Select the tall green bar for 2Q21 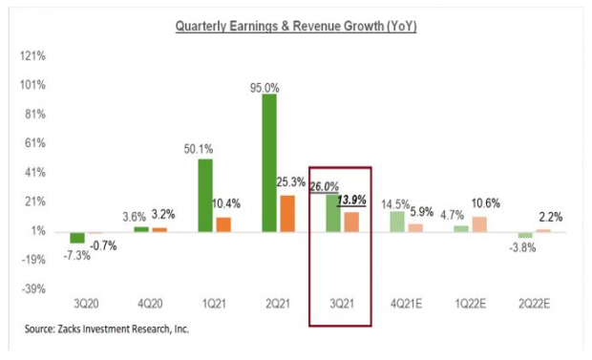(x=270, y=162)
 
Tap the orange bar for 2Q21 (x=287, y=213)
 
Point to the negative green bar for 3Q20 (x=77, y=237)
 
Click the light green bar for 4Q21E (x=397, y=221)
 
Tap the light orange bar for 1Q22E (x=478, y=223)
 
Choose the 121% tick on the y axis (x=32, y=56)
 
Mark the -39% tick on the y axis (x=32, y=288)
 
